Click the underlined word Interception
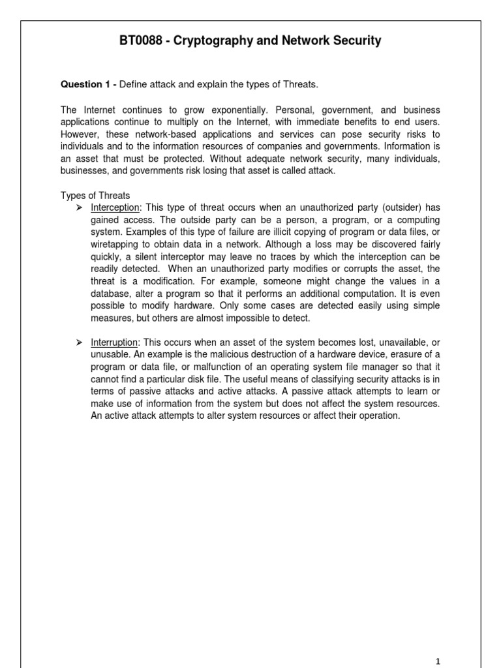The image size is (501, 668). tap(115, 207)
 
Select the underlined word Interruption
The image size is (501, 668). tap(115, 342)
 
